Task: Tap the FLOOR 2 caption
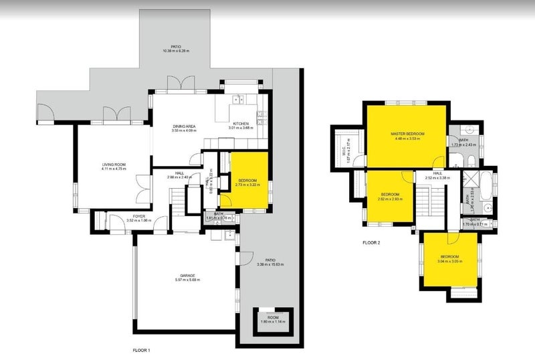[x=371, y=243]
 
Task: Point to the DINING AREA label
[x=183, y=126]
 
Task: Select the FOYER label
[x=138, y=216]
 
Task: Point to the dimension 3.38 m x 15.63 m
[x=270, y=264]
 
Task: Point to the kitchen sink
[x=236, y=101]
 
